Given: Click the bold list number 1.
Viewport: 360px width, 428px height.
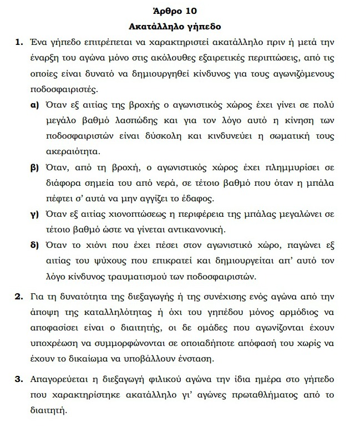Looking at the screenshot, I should pos(19,42).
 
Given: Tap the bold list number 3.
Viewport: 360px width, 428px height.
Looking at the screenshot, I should pos(19,380).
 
